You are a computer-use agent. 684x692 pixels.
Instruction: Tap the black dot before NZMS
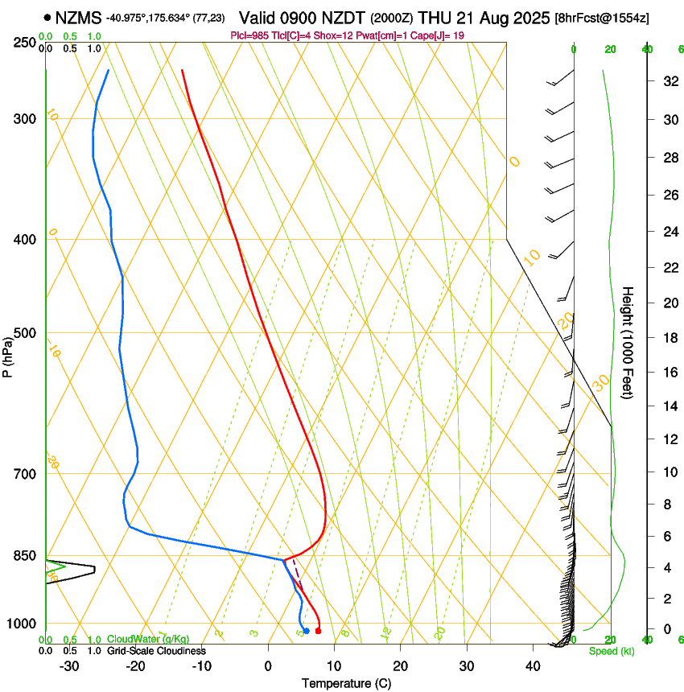[48, 17]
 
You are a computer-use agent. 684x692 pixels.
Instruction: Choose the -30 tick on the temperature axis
[69, 666]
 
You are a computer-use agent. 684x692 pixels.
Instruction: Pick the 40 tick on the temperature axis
[532, 666]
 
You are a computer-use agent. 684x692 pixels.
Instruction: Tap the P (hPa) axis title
[8, 355]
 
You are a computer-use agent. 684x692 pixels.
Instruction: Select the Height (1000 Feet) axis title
[628, 342]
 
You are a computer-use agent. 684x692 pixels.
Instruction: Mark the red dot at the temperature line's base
[318, 631]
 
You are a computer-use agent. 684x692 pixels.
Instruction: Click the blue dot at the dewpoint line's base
[307, 631]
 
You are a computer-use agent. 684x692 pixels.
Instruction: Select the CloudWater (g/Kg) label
[147, 640]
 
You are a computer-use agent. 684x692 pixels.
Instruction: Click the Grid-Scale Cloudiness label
[156, 651]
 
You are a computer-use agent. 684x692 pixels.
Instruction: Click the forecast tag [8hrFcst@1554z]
[603, 18]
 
